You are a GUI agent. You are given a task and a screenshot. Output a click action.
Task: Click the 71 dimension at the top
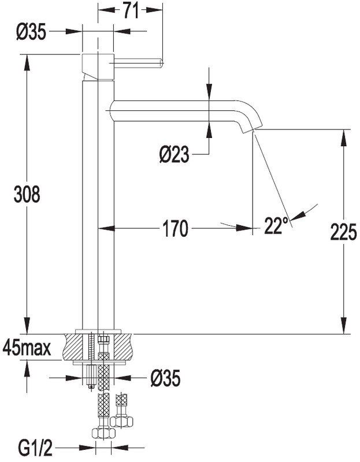[130, 10]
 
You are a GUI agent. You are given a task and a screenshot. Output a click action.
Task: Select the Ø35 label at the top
[31, 33]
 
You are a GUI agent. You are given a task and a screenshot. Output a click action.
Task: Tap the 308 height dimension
[27, 195]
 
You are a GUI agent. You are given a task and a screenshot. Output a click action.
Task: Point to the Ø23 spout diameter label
[173, 154]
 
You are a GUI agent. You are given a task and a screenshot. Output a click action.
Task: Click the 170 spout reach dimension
[176, 229]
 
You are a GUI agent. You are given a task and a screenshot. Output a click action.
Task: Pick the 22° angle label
[276, 226]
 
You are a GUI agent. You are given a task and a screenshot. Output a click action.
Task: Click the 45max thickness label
[27, 348]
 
